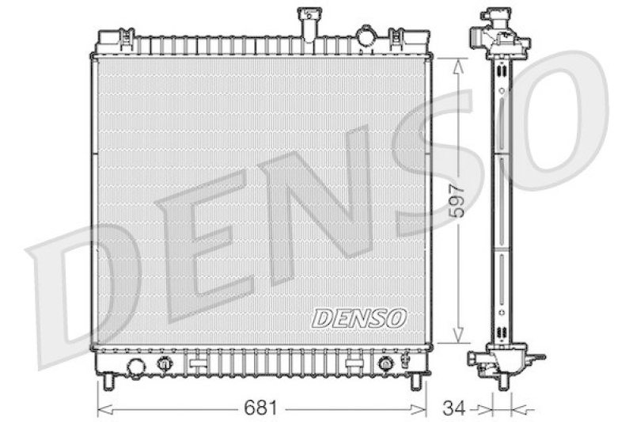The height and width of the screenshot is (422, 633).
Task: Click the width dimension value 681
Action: pyautogui.click(x=260, y=409)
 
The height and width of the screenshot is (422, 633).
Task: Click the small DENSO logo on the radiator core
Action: pyautogui.click(x=359, y=317)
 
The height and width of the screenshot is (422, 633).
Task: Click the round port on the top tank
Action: pyautogui.click(x=366, y=36)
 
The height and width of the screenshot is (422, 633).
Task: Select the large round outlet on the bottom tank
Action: pyautogui.click(x=136, y=367)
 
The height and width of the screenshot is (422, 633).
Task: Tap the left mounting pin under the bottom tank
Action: pyautogui.click(x=108, y=382)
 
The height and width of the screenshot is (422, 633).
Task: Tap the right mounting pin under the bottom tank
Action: pyautogui.click(x=415, y=382)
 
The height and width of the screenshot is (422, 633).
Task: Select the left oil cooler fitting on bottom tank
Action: pyautogui.click(x=165, y=364)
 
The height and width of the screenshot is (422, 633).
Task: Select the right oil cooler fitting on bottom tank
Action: pyautogui.click(x=385, y=364)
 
